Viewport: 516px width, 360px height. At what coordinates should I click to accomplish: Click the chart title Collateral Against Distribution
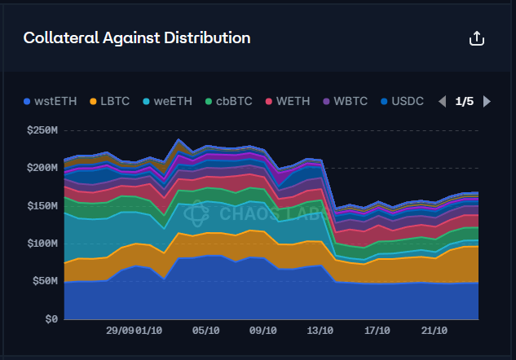137,37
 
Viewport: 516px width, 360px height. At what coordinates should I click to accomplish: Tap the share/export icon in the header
477,38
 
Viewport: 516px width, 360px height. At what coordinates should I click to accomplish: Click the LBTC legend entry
108,102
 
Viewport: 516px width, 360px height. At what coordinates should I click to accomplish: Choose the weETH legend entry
167,102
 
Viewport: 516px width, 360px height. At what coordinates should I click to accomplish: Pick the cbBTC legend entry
228,102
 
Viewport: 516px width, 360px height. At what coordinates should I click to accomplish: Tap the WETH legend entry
288,102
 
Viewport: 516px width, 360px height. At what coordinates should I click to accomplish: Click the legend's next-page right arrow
487,102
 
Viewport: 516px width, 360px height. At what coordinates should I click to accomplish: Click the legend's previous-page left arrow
443,102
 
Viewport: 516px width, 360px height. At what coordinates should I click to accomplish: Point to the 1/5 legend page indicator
465,102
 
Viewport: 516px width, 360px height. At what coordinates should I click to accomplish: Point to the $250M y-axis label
42,130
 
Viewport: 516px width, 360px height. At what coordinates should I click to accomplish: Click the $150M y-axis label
42,205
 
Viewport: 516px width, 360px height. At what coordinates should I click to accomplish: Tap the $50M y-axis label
45,281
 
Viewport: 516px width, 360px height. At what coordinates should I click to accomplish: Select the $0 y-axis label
51,319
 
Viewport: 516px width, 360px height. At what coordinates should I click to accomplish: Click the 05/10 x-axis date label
205,331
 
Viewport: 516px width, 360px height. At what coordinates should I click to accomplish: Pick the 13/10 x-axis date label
320,331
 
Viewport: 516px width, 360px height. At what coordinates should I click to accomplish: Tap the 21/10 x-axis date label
434,331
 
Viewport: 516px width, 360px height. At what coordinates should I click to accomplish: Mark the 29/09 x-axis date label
120,331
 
